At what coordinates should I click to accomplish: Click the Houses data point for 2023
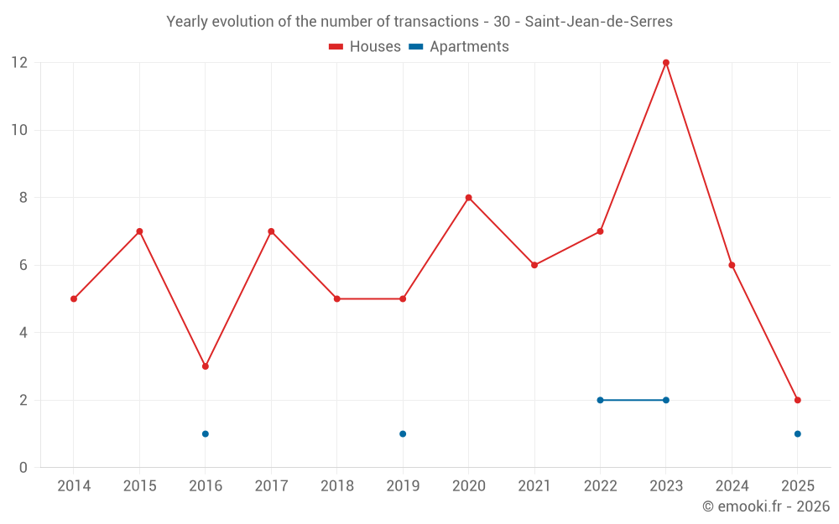[x=666, y=63]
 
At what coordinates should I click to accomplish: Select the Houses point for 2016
[x=206, y=366]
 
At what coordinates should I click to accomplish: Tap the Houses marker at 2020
[x=468, y=198]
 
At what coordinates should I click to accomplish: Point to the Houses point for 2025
[x=797, y=400]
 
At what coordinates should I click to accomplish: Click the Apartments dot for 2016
[x=206, y=433]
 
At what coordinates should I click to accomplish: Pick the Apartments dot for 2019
[x=403, y=433]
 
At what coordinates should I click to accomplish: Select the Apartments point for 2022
[x=600, y=400]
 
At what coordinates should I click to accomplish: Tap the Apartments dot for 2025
[x=797, y=433]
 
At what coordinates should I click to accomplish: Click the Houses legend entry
[x=365, y=47]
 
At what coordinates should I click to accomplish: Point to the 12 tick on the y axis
[x=18, y=63]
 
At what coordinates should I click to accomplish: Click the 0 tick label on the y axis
[x=23, y=468]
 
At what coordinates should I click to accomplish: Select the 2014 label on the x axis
[x=74, y=486]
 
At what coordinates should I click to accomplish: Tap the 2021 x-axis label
[x=534, y=486]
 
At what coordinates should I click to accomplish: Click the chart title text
[x=419, y=22]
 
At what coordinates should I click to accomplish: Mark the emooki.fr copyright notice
[x=766, y=506]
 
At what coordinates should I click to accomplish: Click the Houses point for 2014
[x=74, y=298]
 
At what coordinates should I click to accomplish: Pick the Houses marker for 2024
[x=732, y=265]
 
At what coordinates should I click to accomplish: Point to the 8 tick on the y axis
[x=23, y=198]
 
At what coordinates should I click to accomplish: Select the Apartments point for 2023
[x=666, y=400]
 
